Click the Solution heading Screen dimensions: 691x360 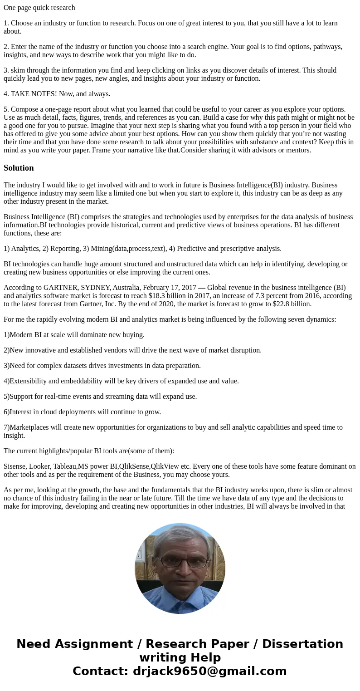click(19, 168)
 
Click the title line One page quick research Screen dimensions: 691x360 click(39, 7)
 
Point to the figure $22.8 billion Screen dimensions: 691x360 click(292, 304)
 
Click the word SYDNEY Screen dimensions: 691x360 click(95, 287)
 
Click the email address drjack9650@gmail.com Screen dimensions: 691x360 click(210, 671)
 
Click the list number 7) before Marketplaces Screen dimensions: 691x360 click(6, 427)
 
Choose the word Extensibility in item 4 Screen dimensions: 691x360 click(30, 381)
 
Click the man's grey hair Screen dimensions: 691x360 click(180, 536)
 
